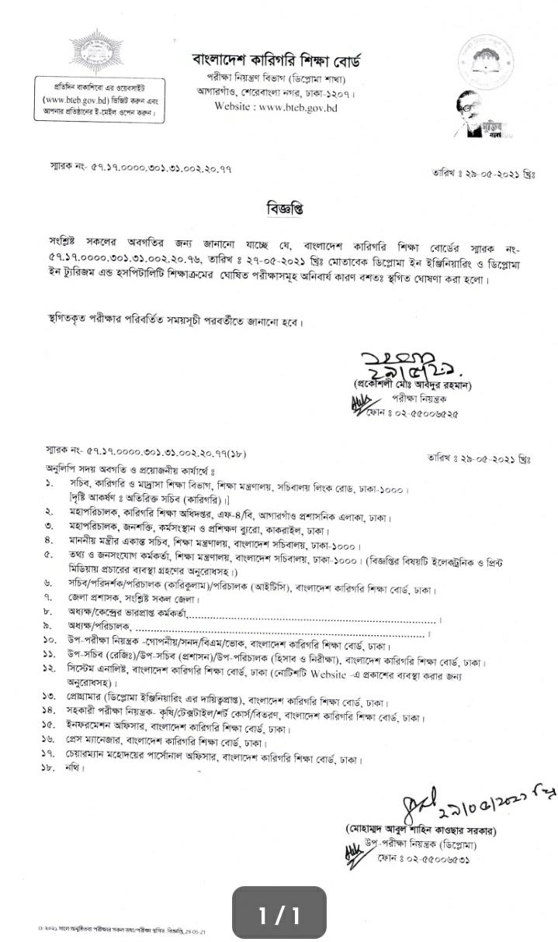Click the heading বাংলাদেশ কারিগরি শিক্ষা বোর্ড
point(276,60)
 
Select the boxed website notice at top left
point(95,98)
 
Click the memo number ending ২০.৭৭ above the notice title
point(139,167)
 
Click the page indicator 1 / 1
point(279,916)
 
